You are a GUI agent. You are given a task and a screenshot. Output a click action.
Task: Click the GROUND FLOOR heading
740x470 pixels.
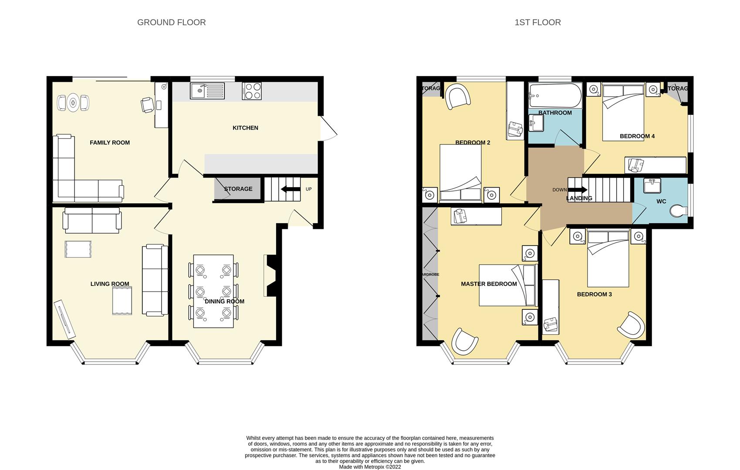[x=171, y=22]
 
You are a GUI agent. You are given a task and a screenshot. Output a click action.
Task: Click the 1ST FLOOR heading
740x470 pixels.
[x=537, y=22]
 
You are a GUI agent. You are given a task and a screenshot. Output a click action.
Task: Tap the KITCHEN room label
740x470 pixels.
[x=245, y=128]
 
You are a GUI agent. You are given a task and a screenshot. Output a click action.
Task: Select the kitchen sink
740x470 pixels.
[x=207, y=91]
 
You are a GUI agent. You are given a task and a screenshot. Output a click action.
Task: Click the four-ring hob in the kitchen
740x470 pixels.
[x=252, y=91]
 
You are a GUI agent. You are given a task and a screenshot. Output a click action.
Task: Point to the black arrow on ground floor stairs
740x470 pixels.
[x=291, y=189]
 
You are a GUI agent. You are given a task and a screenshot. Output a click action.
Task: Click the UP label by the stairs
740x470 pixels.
[x=309, y=189]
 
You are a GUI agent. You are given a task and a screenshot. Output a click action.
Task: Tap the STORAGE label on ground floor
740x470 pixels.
[x=238, y=189]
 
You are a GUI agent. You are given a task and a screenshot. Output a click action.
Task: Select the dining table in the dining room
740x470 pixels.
[x=213, y=291]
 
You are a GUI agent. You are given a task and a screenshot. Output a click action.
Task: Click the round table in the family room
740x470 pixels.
[x=73, y=103]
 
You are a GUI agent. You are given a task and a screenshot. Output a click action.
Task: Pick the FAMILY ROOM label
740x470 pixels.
[x=110, y=143]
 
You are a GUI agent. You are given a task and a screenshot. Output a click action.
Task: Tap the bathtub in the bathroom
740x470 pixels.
[x=555, y=96]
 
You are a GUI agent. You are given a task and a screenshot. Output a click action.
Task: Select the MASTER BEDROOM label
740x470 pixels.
[x=489, y=284]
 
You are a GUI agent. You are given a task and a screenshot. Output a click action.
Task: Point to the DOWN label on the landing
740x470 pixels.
[x=559, y=190]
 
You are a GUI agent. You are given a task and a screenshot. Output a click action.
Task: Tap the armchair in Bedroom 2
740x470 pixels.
[x=457, y=97]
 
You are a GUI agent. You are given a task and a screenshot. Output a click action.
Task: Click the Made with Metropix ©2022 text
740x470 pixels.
[x=370, y=467]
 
